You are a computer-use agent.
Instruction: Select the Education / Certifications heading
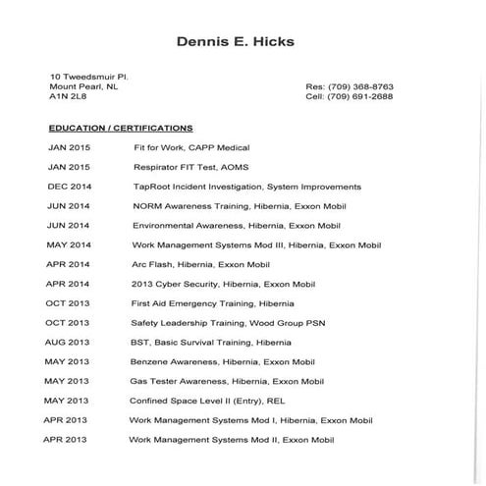pyautogui.click(x=121, y=128)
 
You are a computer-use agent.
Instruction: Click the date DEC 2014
pyautogui.click(x=69, y=187)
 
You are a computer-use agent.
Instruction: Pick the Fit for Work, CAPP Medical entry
pyautogui.click(x=192, y=147)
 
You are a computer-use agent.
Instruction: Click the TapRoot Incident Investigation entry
pyautogui.click(x=246, y=187)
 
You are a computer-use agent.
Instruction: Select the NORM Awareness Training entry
pyautogui.click(x=237, y=206)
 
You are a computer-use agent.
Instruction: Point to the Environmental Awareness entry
pyautogui.click(x=236, y=225)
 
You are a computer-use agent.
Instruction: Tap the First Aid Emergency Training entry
pyautogui.click(x=211, y=303)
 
